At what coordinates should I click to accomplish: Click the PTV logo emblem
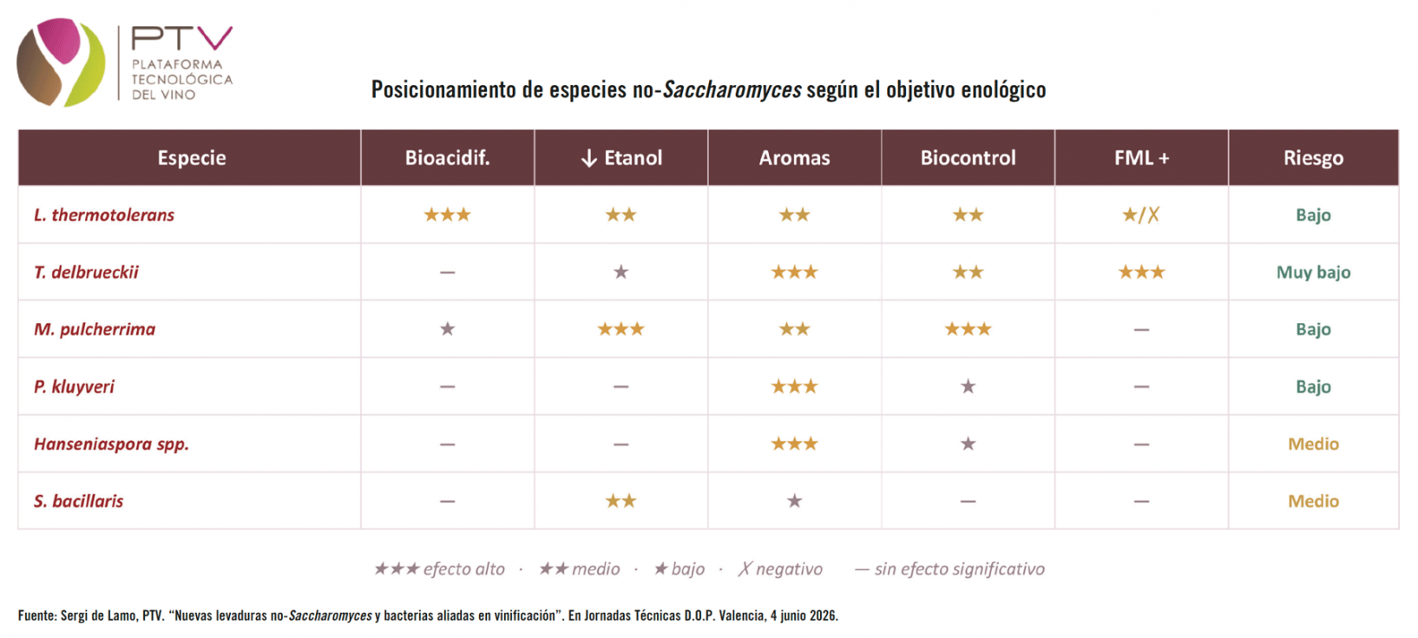coord(61,62)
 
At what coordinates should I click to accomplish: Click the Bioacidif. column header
coord(448,158)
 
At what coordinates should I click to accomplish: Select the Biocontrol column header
coord(968,158)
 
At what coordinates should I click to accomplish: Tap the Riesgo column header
coord(1314,158)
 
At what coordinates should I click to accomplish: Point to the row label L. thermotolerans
coord(104,214)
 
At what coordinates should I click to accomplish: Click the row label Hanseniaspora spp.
coord(111,444)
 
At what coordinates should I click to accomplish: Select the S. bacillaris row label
coord(78,502)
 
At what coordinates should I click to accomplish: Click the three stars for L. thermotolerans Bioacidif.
coord(448,214)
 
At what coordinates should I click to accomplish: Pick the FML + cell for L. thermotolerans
coord(1141,215)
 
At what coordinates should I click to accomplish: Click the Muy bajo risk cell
coord(1314,273)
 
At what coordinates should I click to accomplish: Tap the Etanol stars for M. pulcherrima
coord(621,329)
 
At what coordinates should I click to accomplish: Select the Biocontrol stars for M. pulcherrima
coord(968,329)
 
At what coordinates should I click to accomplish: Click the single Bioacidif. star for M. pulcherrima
coord(448,329)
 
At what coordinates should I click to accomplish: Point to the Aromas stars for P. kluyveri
coord(794,386)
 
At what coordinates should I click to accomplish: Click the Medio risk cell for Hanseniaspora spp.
coord(1314,444)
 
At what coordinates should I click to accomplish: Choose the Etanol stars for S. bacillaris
coord(621,502)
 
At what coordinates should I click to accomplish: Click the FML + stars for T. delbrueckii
coord(1141,273)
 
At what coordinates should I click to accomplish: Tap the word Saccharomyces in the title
coord(732,89)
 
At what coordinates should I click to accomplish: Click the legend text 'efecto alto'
coord(464,569)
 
